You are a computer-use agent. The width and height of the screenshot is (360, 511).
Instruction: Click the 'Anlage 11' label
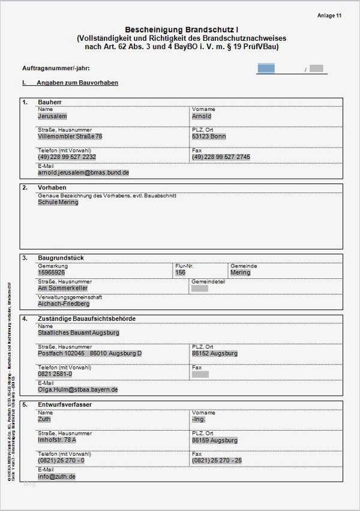coord(329,16)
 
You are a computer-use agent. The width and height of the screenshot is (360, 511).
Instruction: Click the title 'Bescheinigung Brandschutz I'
coord(181,29)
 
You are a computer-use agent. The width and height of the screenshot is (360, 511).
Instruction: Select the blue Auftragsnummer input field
coord(266,68)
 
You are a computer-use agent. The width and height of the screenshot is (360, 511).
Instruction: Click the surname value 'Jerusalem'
coord(52,116)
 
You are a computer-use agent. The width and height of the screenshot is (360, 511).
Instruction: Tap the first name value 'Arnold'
coord(202,116)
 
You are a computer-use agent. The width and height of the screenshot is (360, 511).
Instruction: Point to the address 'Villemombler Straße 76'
coord(70,137)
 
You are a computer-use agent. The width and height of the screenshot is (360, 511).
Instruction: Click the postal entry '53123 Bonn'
coord(209,137)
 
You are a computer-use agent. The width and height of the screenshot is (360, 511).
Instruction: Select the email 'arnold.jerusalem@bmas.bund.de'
coord(83,172)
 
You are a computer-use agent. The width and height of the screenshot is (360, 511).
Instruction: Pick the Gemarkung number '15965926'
coord(52,272)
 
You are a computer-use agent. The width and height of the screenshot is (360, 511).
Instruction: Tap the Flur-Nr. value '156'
coord(181,272)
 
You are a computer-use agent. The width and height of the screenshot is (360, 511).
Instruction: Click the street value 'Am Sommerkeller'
coord(63,288)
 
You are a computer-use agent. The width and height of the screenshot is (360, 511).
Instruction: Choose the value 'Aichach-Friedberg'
coord(64,304)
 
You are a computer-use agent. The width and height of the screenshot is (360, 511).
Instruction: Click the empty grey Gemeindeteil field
coord(200,288)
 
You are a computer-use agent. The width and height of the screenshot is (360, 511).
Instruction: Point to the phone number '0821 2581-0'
coord(55,374)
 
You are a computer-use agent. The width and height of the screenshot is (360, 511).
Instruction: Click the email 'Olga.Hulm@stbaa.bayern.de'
coord(78,389)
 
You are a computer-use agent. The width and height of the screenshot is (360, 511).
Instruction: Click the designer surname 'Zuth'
coord(44,419)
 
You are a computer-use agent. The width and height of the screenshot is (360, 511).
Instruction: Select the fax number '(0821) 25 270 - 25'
coord(217,461)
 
